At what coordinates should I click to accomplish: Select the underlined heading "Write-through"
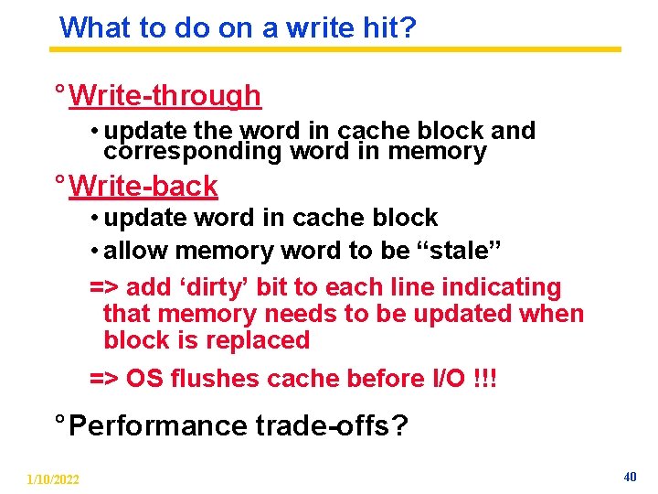[164, 95]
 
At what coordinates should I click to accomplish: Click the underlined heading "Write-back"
[143, 186]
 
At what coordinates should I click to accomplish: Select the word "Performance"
[157, 425]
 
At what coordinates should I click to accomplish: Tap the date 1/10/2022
[53, 479]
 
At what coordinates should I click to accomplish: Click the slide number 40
[629, 477]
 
